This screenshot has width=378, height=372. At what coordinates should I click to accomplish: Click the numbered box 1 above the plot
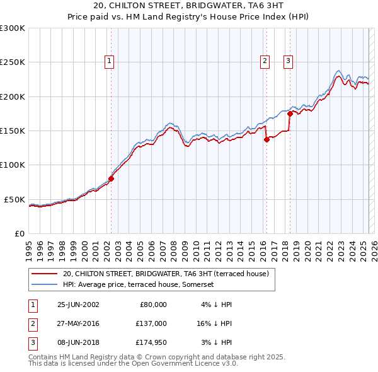point(110,61)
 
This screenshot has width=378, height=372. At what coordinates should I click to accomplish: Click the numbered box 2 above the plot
point(264,61)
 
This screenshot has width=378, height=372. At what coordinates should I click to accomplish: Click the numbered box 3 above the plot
point(288,61)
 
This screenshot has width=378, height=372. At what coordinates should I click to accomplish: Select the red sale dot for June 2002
point(111,178)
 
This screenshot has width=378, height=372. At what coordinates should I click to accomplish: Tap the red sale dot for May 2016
point(266,140)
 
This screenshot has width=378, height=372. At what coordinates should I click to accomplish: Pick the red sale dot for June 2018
point(290,114)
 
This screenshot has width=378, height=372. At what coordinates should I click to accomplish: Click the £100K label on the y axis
point(13,165)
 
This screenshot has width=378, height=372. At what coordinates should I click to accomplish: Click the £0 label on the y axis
point(18,233)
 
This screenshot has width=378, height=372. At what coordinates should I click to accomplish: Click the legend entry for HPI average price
point(139,284)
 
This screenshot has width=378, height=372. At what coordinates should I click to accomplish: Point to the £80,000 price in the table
point(153,304)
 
